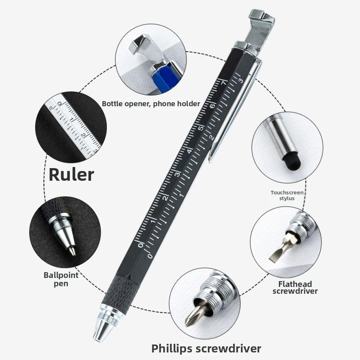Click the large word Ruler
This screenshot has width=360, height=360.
click(x=71, y=174)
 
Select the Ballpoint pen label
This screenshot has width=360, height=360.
click(x=61, y=279)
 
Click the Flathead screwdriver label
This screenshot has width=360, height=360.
click(x=295, y=287)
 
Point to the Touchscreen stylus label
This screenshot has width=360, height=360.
click(x=287, y=195)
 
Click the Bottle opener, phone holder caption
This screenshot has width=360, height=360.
click(x=151, y=104)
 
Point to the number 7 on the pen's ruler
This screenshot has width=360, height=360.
click(x=223, y=83)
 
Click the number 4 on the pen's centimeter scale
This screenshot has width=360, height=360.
click(x=190, y=151)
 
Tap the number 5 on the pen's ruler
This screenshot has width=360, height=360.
click(x=202, y=127)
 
